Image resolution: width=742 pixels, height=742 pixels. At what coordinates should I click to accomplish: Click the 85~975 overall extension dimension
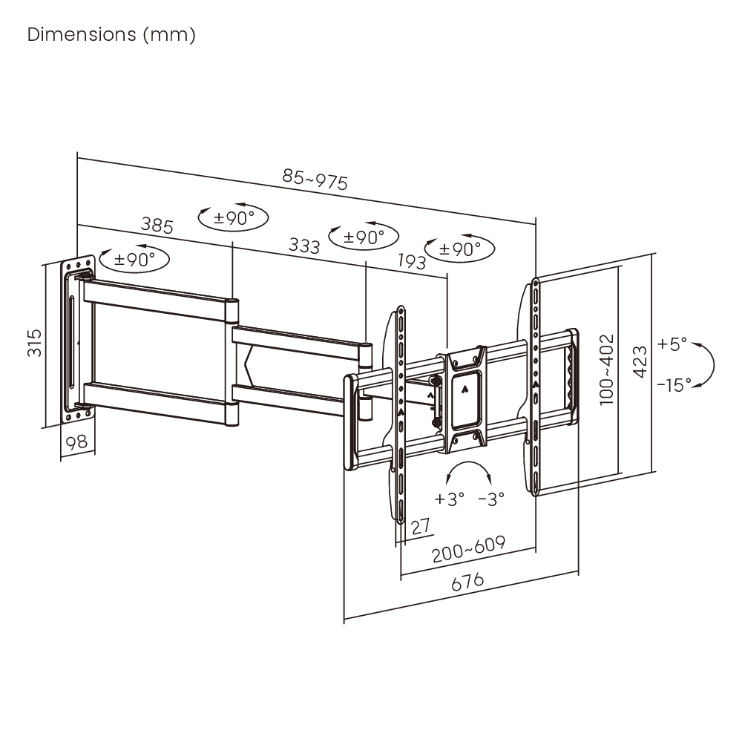pyautogui.click(x=315, y=180)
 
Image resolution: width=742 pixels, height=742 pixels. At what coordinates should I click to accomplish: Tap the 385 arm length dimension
pyautogui.click(x=157, y=226)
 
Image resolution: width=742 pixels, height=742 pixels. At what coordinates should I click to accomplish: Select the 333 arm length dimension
pyautogui.click(x=304, y=246)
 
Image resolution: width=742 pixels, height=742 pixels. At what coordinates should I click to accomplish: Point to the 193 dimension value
pyautogui.click(x=412, y=260)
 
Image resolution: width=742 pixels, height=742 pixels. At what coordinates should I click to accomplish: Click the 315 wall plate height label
pyautogui.click(x=35, y=343)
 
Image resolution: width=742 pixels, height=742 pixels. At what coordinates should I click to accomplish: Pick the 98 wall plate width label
pyautogui.click(x=76, y=442)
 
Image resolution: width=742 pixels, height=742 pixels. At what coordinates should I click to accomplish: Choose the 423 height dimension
pyautogui.click(x=640, y=362)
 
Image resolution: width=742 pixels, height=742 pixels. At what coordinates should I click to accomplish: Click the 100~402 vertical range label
pyautogui.click(x=606, y=370)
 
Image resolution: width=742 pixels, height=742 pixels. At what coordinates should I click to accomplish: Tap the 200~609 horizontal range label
pyautogui.click(x=468, y=549)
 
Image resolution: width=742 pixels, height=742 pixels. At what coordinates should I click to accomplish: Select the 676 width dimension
pyautogui.click(x=467, y=582)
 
